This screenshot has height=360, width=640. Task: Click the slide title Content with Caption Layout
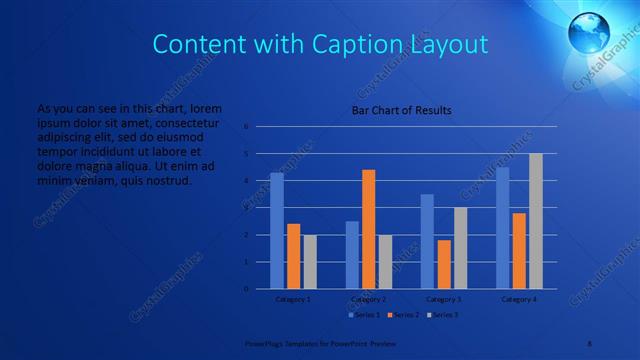(x=320, y=44)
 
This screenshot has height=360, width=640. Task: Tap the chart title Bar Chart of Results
(x=401, y=110)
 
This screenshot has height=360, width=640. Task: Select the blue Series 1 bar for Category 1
(x=277, y=231)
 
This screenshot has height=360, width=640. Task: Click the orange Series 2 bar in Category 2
(x=369, y=229)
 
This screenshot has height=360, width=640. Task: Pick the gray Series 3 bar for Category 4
(x=535, y=221)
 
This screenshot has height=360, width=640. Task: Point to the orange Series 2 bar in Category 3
(x=444, y=264)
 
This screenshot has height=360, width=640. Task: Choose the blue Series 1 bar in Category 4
(x=502, y=228)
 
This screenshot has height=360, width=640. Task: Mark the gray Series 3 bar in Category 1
(x=310, y=262)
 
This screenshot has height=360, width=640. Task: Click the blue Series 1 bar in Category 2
(x=352, y=255)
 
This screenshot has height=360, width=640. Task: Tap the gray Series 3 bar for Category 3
(x=460, y=248)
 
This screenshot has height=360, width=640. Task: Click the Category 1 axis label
(x=293, y=299)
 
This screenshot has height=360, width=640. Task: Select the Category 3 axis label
(x=444, y=299)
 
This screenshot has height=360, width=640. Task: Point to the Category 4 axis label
(x=519, y=299)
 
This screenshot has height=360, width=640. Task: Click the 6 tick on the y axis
(x=246, y=127)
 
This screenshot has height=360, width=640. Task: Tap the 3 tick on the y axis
(x=246, y=208)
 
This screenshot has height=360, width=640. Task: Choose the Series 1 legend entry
(x=364, y=315)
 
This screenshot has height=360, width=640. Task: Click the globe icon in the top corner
(x=589, y=34)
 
